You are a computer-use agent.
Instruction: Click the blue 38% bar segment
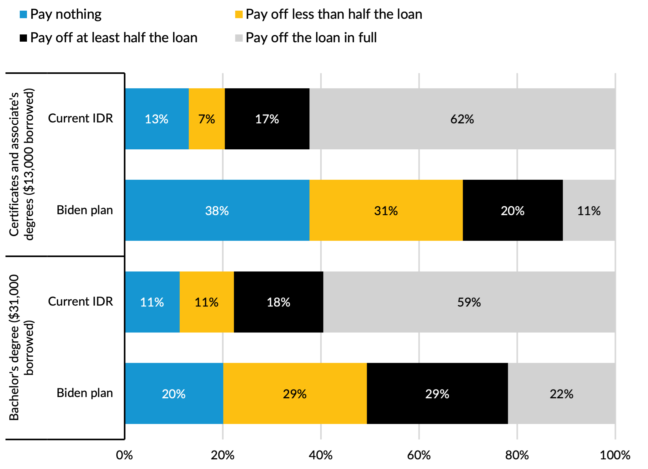pos(217,210)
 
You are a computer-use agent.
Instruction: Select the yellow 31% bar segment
pos(386,210)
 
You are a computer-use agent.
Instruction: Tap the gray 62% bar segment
pos(462,119)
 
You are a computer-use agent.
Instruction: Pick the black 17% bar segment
pos(267,119)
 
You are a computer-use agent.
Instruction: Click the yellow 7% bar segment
pos(207,119)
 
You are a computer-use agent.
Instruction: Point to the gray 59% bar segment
pos(469,302)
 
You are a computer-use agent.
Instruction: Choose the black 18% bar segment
pos(278,302)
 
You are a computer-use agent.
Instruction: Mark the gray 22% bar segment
pos(561,393)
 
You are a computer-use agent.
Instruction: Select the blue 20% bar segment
pos(174,393)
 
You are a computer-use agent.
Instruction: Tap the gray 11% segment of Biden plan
pos(589,210)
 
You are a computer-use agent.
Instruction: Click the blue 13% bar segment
pos(156,119)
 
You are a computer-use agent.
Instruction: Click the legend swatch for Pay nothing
pos(24,14)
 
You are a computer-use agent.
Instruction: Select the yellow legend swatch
pos(239,14)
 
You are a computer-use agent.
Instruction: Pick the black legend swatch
pos(24,38)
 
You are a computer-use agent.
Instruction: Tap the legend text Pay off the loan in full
pos(311,38)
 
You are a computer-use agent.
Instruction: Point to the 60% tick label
pos(419,455)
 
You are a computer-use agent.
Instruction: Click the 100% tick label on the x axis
pos(615,455)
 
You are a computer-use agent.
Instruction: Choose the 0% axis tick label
pos(124,455)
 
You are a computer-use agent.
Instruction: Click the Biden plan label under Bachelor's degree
pos(85,393)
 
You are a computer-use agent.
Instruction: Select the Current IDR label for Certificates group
pos(81,118)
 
